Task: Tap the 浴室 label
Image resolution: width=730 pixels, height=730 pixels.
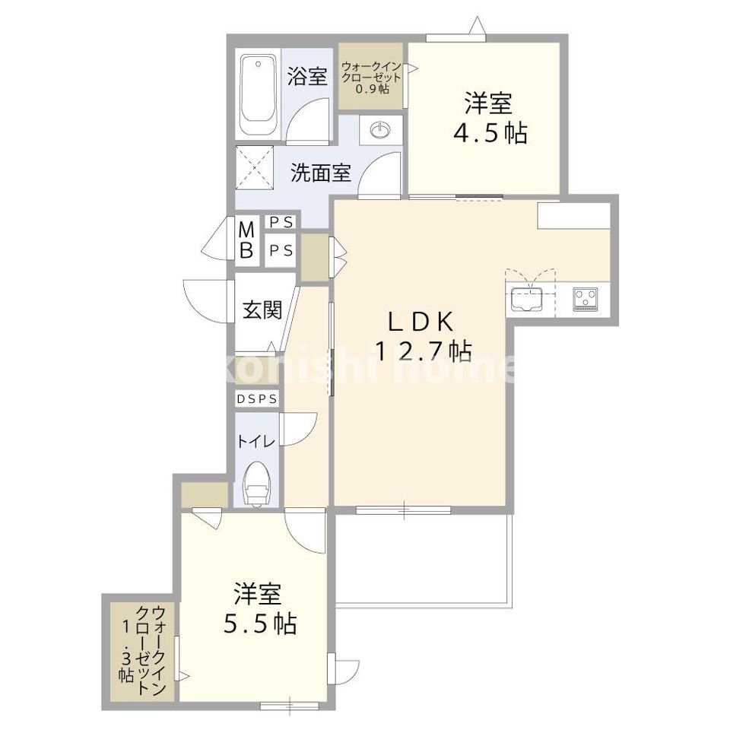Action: (308, 76)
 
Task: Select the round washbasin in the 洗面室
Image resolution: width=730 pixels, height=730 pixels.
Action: (379, 132)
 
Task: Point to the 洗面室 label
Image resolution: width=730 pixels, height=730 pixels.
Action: (320, 173)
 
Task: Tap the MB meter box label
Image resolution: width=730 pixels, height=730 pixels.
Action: (247, 239)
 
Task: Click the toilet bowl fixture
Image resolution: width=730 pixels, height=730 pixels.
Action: (257, 484)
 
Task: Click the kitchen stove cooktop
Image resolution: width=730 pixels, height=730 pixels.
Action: (586, 298)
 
